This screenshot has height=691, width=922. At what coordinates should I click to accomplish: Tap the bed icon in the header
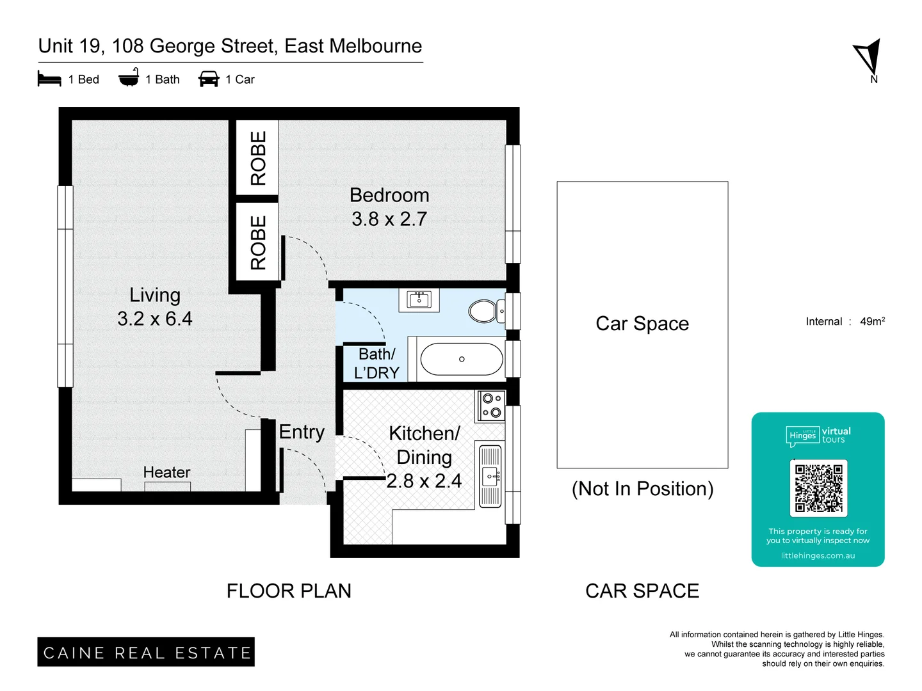point(49,79)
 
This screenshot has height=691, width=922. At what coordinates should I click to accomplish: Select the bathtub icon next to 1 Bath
point(129,78)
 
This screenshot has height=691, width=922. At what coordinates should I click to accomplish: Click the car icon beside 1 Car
point(209,79)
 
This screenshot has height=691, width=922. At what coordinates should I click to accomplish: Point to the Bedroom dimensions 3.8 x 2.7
point(389,219)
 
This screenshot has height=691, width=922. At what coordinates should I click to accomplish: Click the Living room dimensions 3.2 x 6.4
point(155,319)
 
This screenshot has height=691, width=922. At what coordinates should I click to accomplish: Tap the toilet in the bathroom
point(483,312)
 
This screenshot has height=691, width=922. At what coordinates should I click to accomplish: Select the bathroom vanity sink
point(419,299)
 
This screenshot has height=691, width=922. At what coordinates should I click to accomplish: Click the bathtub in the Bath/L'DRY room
point(462,360)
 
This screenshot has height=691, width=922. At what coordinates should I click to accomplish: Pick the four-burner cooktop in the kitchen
point(492,406)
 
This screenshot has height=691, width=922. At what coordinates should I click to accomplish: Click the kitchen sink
point(491,476)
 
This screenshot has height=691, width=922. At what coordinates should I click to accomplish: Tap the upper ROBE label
point(257,158)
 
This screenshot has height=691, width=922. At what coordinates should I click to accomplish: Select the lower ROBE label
point(257,242)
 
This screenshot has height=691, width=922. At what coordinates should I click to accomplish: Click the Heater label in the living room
point(166,472)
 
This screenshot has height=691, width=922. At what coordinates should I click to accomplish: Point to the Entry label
point(302,432)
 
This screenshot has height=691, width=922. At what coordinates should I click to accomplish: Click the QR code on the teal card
point(818,488)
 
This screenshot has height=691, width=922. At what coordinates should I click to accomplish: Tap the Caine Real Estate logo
point(146,652)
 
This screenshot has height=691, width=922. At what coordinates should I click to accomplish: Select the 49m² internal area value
point(872,321)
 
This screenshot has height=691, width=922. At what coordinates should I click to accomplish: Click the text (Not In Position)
point(642,489)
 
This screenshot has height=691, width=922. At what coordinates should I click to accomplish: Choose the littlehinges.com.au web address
point(818,555)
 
